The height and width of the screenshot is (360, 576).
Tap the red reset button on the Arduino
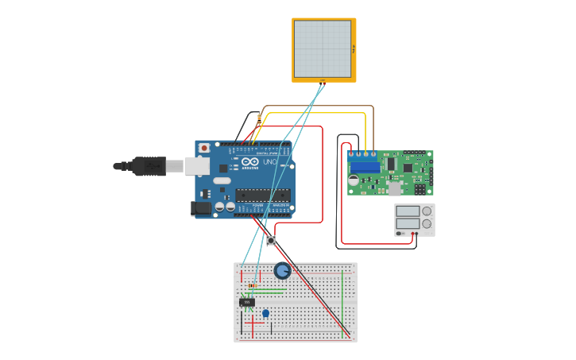click(x=204, y=148)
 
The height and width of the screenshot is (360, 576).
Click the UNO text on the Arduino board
click(x=269, y=162)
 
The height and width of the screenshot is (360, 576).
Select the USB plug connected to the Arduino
click(x=148, y=166)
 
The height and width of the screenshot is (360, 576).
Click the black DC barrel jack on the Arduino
click(x=201, y=208)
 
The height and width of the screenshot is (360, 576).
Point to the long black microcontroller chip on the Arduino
click(x=261, y=195)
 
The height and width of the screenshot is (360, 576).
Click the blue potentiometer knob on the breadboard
click(x=282, y=271)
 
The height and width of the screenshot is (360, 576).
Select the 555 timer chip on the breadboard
click(x=247, y=302)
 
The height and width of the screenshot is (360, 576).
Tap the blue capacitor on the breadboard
click(x=265, y=313)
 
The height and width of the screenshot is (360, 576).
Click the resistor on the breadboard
click(x=252, y=285)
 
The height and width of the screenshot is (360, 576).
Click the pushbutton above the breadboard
click(x=271, y=240)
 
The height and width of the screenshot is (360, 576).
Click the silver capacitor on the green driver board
click(x=354, y=181)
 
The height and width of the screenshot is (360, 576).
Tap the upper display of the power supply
click(x=408, y=211)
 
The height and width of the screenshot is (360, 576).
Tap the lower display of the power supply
click(x=408, y=223)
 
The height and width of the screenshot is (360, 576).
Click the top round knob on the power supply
click(x=427, y=211)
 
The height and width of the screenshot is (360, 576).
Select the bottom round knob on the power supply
click(x=427, y=224)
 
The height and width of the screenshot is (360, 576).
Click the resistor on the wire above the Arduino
click(x=259, y=118)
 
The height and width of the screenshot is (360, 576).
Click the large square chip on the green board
click(x=408, y=168)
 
